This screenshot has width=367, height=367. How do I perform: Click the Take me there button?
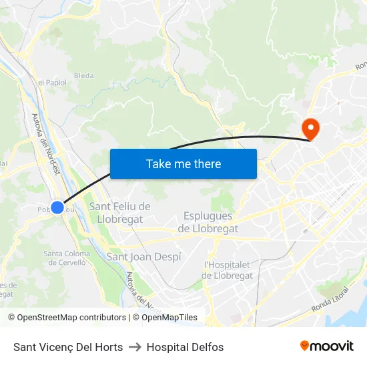pos(183,163)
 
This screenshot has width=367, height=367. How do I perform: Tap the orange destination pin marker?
pos(310,127)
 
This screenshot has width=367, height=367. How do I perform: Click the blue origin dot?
pos(58,208)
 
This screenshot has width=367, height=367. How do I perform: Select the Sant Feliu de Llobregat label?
pos(120,212)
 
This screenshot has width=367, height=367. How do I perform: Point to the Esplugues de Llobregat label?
pos(208,222)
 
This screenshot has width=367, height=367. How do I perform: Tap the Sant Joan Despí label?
pos(143,256)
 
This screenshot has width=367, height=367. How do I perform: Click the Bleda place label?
pos(84,75)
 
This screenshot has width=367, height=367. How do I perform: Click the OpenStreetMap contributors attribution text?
pos(67,318)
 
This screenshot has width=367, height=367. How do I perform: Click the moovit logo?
pos(327,346)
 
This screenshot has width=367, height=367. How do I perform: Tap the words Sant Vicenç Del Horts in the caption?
pos(68,347)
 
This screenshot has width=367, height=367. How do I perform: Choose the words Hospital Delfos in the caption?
pos(185,347)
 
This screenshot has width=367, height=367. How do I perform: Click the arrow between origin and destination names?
pos(135,347)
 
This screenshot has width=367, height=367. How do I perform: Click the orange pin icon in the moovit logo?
pos(305,346)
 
